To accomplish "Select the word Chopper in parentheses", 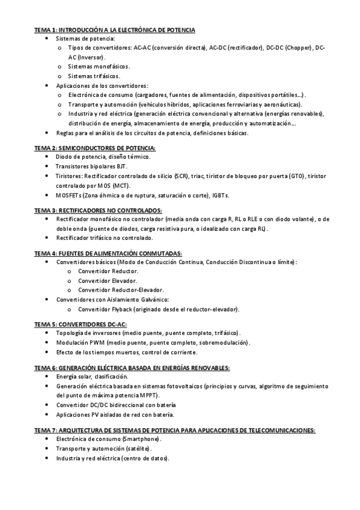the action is click(298, 48).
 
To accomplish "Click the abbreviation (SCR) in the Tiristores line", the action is click(181, 176).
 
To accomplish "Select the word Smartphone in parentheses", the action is click(141, 439).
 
